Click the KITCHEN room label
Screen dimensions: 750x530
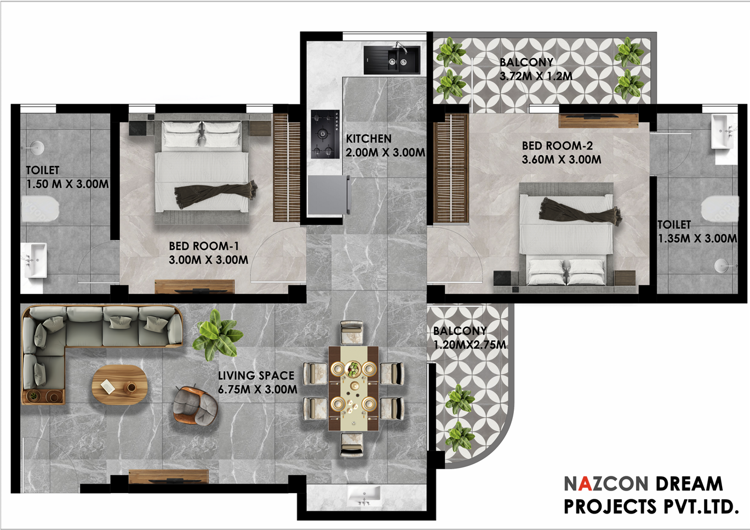[x=368, y=139]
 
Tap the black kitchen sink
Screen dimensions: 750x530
[x=392, y=60]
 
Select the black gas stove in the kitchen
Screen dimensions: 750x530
[x=325, y=134]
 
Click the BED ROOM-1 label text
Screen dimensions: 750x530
[x=204, y=246]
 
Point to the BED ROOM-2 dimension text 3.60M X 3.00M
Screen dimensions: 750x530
[x=562, y=159]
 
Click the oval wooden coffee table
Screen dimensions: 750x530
[x=120, y=385]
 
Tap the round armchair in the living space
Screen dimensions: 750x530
[x=196, y=406]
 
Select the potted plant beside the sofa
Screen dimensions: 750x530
[x=218, y=335]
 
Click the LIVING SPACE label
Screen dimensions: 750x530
[x=256, y=375]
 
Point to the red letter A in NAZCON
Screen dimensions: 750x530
[x=585, y=484]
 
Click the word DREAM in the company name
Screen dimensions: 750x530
[x=689, y=484]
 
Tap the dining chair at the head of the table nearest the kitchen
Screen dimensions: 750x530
[x=352, y=333]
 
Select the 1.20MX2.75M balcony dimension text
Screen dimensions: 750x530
[x=470, y=345]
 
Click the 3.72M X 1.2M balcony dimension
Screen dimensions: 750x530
[x=536, y=76]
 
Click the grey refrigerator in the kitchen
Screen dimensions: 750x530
[x=329, y=195]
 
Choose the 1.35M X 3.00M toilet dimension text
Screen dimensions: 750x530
[x=697, y=238]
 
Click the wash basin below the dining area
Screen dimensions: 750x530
[x=364, y=496]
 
